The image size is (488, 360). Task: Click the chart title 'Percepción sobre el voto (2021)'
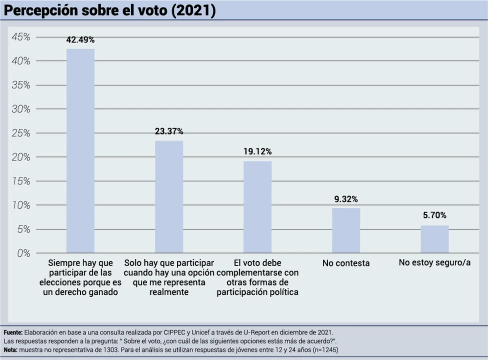click(109, 10)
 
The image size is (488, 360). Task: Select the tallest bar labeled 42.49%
click(80, 150)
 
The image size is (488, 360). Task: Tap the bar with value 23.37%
click(169, 196)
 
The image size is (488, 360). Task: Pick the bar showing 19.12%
click(257, 206)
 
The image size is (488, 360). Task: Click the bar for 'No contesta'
click(346, 230)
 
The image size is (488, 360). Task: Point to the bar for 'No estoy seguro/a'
click(434, 239)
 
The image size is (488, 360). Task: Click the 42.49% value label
click(80, 40)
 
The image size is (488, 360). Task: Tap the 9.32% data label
click(346, 199)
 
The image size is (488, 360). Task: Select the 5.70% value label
click(434, 215)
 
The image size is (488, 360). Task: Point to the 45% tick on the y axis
click(20, 37)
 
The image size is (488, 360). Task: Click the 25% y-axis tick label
click(20, 133)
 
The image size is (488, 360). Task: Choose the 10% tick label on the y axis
click(20, 205)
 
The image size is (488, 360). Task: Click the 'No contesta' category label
click(346, 263)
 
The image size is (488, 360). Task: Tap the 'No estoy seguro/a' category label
click(434, 262)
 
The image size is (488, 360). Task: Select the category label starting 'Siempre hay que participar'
click(80, 277)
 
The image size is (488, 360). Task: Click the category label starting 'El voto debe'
click(257, 277)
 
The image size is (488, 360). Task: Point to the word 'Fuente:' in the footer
click(13, 332)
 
